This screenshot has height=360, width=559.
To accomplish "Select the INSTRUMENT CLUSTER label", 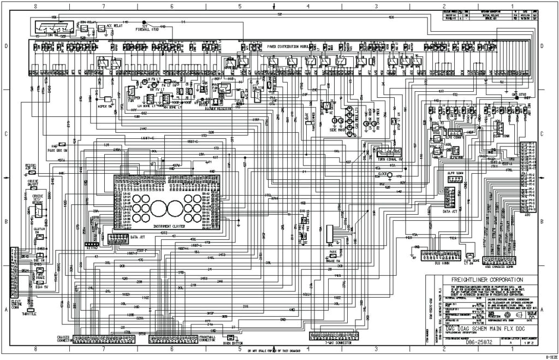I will pos(170,225).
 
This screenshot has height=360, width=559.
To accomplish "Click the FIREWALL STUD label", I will pos(147,29).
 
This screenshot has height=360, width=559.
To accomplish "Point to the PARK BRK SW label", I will pos(58,149).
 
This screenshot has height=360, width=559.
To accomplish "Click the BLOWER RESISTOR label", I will pos(219,108).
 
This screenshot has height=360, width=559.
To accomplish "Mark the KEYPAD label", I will pos(91,247).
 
